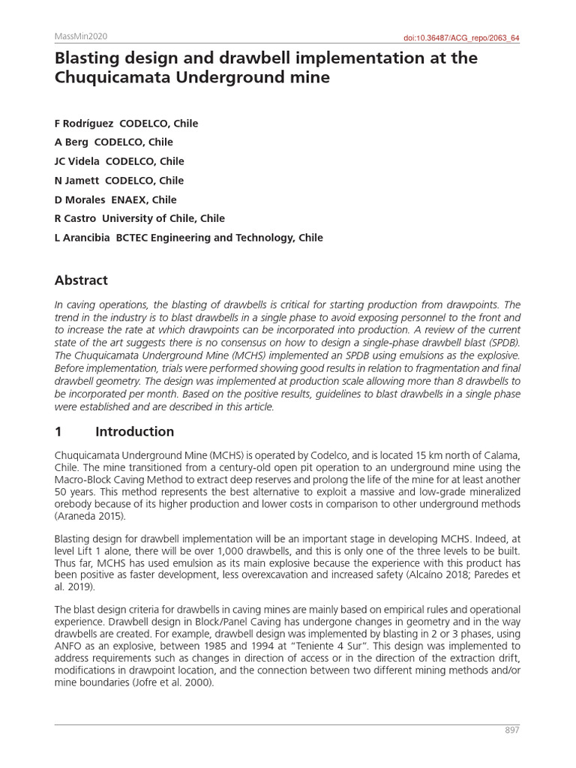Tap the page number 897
tap(511, 730)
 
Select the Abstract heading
tap(81, 280)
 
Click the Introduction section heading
tap(134, 431)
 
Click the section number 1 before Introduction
tap(58, 431)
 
